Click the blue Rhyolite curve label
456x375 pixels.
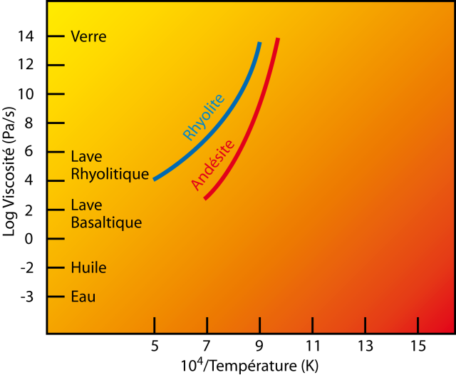point(204,116)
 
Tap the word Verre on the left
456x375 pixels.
point(88,36)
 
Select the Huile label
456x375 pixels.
point(88,268)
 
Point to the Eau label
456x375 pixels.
point(83,297)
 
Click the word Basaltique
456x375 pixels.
point(106,222)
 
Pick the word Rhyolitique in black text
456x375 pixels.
point(110,173)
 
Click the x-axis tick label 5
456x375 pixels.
point(155,346)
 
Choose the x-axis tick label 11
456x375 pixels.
point(312,346)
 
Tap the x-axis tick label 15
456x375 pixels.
point(418,346)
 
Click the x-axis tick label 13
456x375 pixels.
point(365,346)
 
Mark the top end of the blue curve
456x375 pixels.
point(259,43)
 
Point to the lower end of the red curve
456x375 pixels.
point(205,198)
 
